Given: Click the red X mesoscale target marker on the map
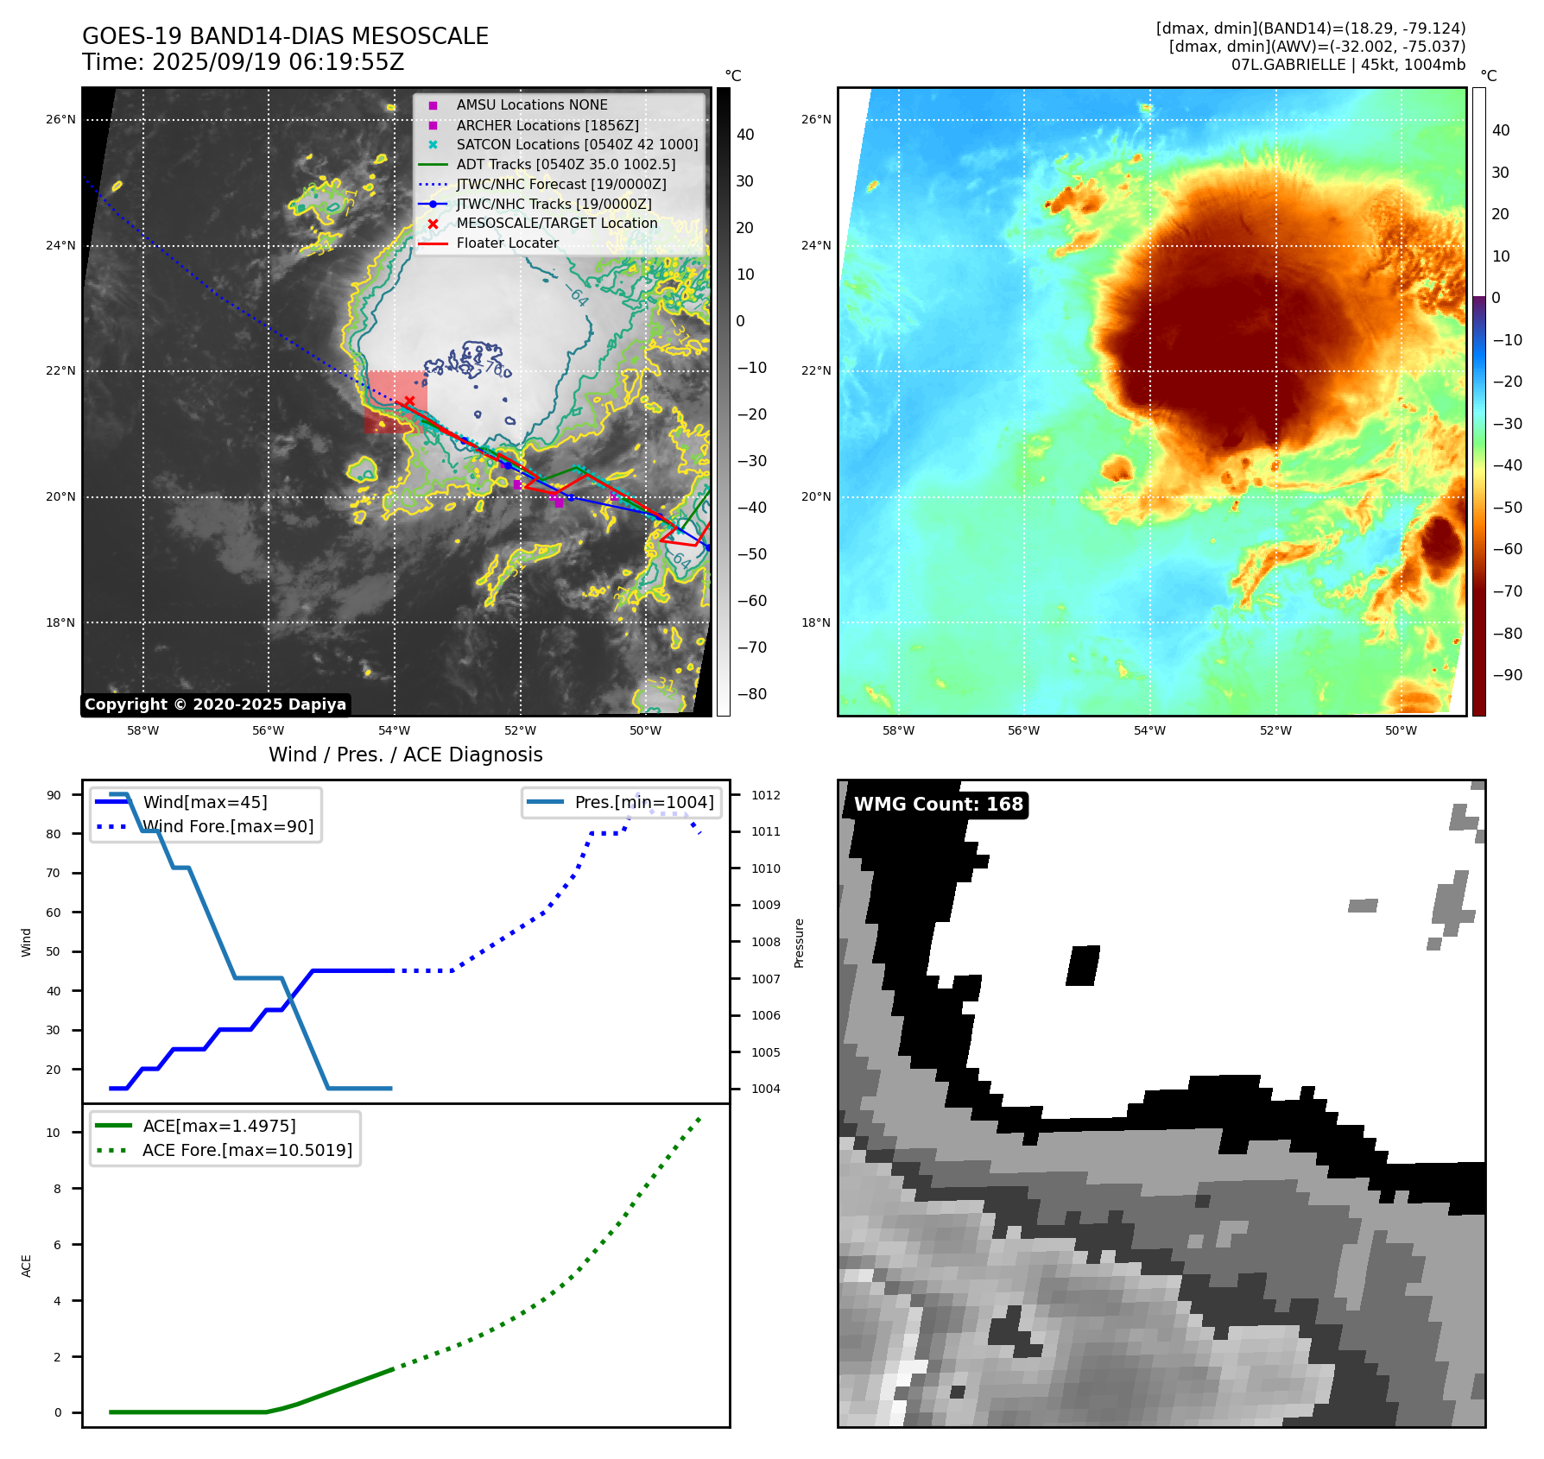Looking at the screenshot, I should pyautogui.click(x=409, y=401).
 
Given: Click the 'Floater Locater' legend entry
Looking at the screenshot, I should pyautogui.click(x=507, y=243).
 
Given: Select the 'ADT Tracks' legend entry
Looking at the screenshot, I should pyautogui.click(x=566, y=164).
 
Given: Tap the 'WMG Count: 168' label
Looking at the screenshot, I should pyautogui.click(x=938, y=805).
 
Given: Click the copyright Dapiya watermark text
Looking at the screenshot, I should pyautogui.click(x=215, y=704).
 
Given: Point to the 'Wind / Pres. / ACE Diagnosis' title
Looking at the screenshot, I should pyautogui.click(x=405, y=755).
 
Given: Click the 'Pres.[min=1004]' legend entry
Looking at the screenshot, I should pyautogui.click(x=643, y=802).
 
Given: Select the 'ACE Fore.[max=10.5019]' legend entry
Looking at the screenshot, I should pyautogui.click(x=247, y=1150).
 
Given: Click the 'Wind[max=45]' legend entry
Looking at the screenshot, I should pyautogui.click(x=205, y=802).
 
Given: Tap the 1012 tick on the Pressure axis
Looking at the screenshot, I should pyautogui.click(x=765, y=795).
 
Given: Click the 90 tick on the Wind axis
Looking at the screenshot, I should pyautogui.click(x=54, y=795).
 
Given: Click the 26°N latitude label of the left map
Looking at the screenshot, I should pyautogui.click(x=60, y=120).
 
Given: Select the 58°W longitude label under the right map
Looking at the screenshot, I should pyautogui.click(x=898, y=730).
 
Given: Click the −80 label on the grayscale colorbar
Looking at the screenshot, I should pyautogui.click(x=751, y=694).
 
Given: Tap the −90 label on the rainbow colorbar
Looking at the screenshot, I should pyautogui.click(x=1507, y=675).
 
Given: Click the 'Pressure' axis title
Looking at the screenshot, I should pyautogui.click(x=800, y=943).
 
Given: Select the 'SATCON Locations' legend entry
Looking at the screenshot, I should pyautogui.click(x=577, y=144).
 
